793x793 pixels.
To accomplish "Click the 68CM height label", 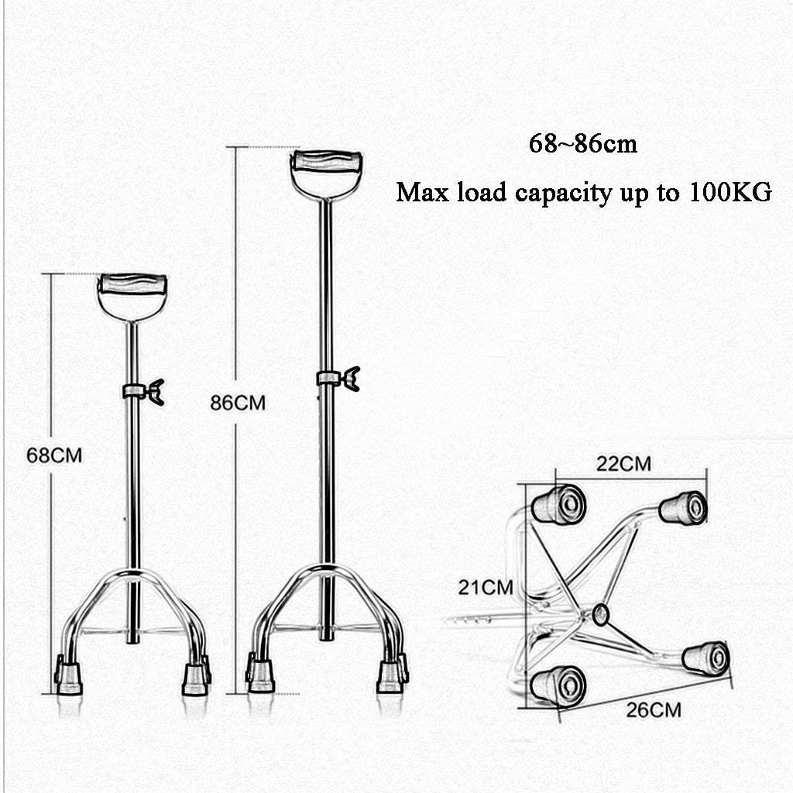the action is [x=54, y=455].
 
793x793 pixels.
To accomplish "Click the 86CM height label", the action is [x=238, y=403].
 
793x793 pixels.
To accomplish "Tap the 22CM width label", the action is [x=623, y=463].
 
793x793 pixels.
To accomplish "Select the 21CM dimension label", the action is [x=486, y=587].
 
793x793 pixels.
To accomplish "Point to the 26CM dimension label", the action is [x=654, y=710].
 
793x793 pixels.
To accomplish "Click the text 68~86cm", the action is [x=583, y=143].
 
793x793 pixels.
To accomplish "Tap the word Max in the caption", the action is [x=422, y=192].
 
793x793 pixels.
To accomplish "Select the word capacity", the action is [x=563, y=194].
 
